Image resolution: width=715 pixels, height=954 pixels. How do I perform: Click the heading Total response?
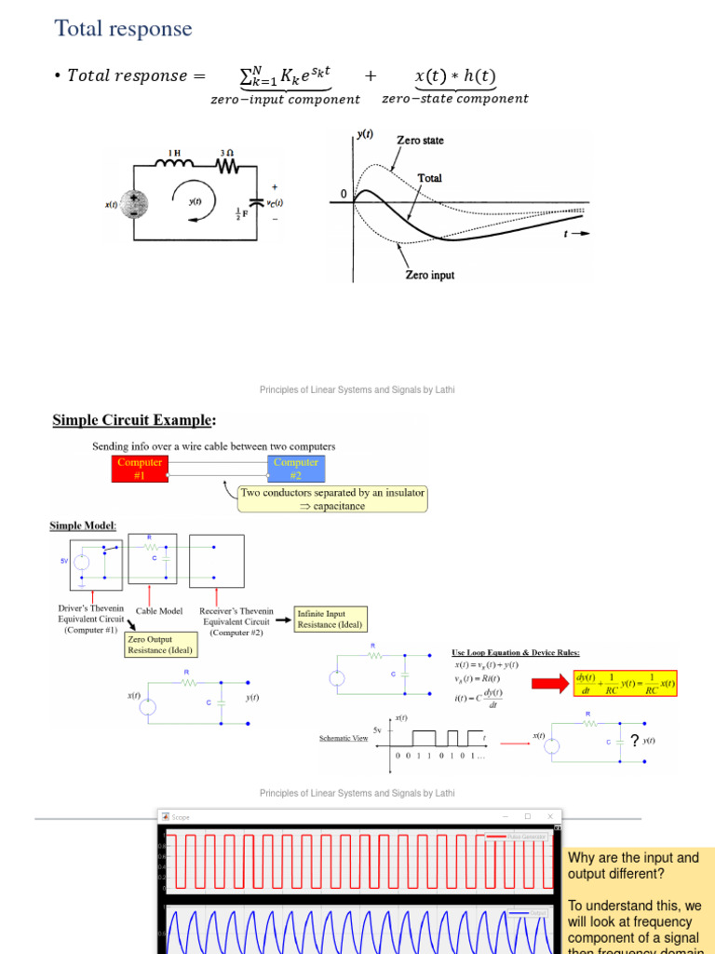point(124,29)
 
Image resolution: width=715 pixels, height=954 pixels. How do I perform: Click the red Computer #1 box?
point(141,468)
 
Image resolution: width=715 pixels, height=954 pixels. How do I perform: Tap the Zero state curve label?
point(421,141)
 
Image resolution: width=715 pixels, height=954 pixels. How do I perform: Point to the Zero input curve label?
point(429,275)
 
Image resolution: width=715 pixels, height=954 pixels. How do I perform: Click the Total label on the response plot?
point(429,178)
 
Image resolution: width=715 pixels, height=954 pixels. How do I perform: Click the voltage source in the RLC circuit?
point(134,203)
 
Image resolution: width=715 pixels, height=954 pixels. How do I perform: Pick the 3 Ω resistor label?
point(225,152)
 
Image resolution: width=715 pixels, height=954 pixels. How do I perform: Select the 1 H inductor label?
point(175,152)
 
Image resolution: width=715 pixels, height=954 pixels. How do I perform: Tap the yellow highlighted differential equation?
point(625,684)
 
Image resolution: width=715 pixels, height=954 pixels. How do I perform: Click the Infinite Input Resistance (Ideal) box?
point(330,619)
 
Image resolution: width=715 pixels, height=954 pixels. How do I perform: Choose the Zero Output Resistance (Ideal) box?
point(159,645)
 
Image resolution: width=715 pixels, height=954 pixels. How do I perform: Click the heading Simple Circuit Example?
point(141,420)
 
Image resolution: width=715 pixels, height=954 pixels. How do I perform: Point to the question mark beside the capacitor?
point(634,741)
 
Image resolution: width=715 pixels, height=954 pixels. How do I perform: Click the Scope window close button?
point(550,816)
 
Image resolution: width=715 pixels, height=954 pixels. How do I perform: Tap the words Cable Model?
point(159,611)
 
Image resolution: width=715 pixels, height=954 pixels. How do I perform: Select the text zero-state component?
point(454,99)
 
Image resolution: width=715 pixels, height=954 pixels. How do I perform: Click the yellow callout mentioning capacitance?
point(332,499)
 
